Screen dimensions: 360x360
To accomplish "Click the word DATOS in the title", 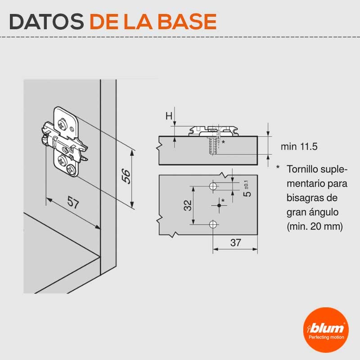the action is [x=46, y=22].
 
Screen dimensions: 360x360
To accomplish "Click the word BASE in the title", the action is [x=187, y=22].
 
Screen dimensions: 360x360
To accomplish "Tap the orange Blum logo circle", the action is [x=326, y=330].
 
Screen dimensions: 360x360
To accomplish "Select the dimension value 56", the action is [x=126, y=176].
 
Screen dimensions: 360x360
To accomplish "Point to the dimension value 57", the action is [x=73, y=202].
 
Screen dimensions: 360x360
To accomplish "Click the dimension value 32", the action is [x=188, y=205].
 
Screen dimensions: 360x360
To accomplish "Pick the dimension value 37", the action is [x=235, y=243].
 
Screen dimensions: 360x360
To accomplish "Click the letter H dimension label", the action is [x=169, y=116].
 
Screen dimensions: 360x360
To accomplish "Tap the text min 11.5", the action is [x=299, y=147].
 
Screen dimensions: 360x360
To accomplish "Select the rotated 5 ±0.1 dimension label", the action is [x=247, y=189].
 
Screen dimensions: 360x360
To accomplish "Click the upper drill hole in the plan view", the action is [x=213, y=186].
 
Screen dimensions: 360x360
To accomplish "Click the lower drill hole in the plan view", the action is [x=213, y=224].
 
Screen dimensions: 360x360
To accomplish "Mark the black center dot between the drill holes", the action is [x=219, y=205].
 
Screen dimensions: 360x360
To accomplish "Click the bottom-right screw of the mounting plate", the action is [x=71, y=170].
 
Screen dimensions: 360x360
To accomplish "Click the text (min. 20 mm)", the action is [x=315, y=227].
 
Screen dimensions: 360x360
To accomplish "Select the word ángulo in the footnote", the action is [x=325, y=212].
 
